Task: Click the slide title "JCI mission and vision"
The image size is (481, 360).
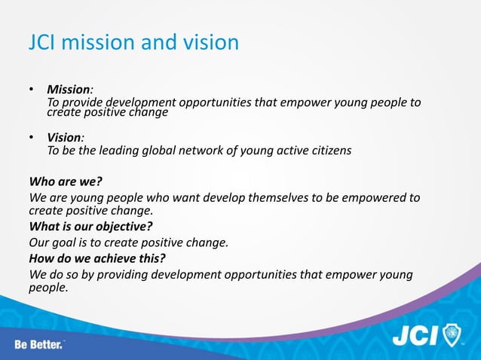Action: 133,42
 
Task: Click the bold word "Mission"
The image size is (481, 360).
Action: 68,90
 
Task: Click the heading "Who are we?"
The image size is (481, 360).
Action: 65,182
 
